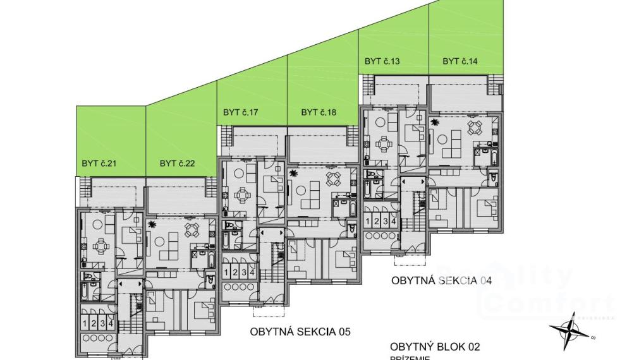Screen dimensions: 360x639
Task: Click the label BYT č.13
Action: pos(382,61)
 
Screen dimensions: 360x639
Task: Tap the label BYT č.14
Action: pos(460,61)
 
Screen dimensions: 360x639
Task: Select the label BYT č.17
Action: pos(241,112)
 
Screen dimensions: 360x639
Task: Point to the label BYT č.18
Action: pos(319,112)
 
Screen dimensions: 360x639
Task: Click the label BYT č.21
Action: pos(99,164)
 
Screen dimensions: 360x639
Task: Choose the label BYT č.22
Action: pos(177,164)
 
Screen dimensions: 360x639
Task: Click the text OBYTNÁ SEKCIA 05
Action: pos(300,331)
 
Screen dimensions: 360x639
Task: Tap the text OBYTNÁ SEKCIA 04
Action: pos(441,280)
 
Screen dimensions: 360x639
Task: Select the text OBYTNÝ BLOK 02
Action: pos(435,347)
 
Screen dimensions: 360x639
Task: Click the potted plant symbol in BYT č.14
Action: pos(434,123)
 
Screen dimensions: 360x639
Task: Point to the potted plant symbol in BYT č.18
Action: pos(293,173)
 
